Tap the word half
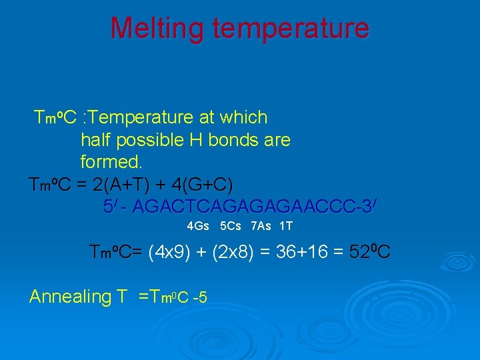[x=95, y=141]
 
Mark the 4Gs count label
[x=198, y=227]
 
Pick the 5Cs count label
[x=231, y=227]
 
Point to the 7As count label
[x=261, y=227]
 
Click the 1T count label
[x=286, y=227]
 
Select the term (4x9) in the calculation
[x=169, y=253]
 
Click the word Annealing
[x=69, y=297]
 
